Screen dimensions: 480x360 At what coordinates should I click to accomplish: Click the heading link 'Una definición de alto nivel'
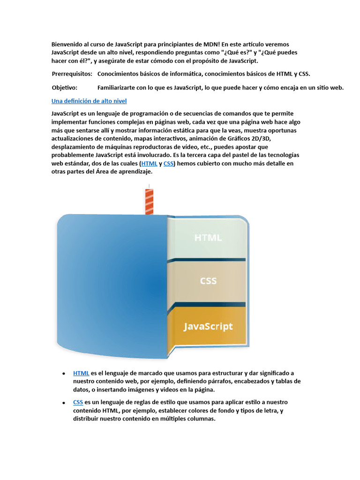pyautogui.click(x=89, y=101)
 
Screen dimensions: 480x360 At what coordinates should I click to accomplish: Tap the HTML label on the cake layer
pyautogui.click(x=208, y=238)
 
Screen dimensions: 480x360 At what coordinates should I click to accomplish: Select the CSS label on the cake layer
pyautogui.click(x=208, y=281)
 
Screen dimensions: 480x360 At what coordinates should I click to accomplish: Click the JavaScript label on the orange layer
pyautogui.click(x=208, y=326)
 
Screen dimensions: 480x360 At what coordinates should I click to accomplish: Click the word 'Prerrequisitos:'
pyautogui.click(x=72, y=74)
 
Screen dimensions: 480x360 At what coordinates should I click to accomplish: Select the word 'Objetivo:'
pyautogui.click(x=65, y=87)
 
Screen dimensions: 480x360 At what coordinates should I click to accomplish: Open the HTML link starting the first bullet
pyautogui.click(x=81, y=373)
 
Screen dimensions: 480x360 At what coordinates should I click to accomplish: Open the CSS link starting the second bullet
pyautogui.click(x=78, y=402)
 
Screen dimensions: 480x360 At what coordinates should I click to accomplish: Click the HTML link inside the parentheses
pyautogui.click(x=149, y=164)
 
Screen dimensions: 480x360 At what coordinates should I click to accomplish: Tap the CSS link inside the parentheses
pyautogui.click(x=169, y=164)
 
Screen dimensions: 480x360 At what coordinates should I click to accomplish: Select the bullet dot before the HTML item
pyautogui.click(x=63, y=374)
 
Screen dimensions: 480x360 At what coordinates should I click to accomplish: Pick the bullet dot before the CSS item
pyautogui.click(x=63, y=403)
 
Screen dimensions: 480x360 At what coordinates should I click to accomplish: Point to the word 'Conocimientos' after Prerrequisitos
pyautogui.click(x=119, y=74)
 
